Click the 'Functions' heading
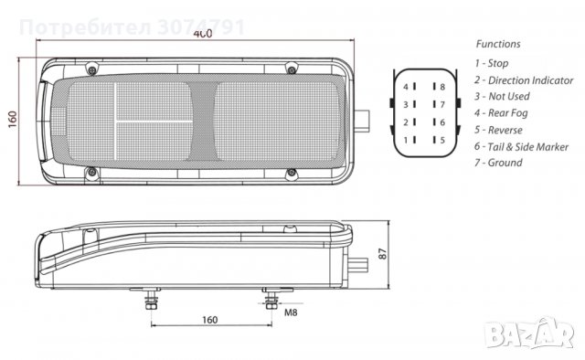(498, 43)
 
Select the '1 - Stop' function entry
(493, 63)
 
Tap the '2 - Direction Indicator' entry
(524, 79)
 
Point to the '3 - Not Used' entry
(502, 96)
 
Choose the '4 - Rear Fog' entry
(501, 113)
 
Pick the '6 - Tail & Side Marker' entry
(522, 146)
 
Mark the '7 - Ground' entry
(498, 163)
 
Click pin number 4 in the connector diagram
(406, 87)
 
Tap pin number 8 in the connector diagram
(442, 87)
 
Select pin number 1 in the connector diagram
(406, 140)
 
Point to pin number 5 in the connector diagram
(442, 140)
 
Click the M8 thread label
(291, 313)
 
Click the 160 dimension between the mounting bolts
(210, 321)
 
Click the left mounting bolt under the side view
(149, 300)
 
